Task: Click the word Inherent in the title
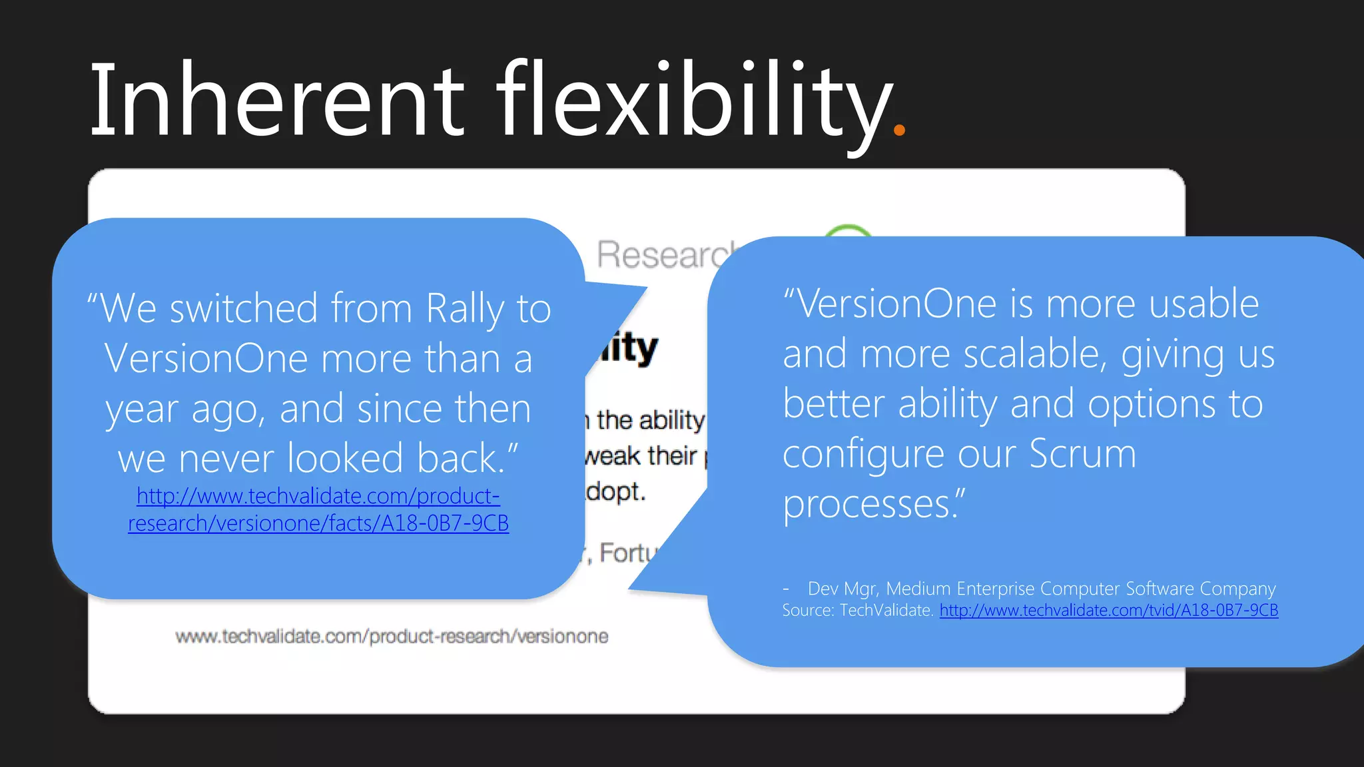pos(276,100)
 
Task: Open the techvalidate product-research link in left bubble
pos(318,510)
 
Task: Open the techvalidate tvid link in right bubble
pos(1109,611)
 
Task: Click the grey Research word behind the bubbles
pos(666,255)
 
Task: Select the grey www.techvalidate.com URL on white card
pos(392,637)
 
